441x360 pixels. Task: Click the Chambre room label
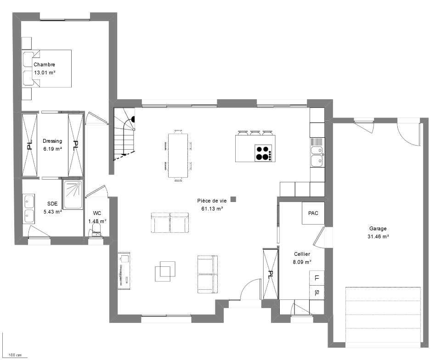(44, 65)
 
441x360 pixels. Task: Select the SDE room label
(52, 204)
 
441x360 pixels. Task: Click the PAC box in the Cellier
(313, 213)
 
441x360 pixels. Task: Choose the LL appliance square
(317, 278)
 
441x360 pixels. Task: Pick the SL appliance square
(317, 292)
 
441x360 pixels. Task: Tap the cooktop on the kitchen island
(264, 153)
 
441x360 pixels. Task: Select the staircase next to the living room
(124, 135)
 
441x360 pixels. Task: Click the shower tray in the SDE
(73, 195)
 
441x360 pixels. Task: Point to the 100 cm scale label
(15, 355)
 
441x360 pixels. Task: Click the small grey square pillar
(233, 199)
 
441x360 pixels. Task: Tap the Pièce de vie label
(212, 201)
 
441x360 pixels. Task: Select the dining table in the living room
(178, 155)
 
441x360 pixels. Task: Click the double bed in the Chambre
(47, 68)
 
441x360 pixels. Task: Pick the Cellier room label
(302, 254)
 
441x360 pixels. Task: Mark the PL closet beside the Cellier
(270, 274)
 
